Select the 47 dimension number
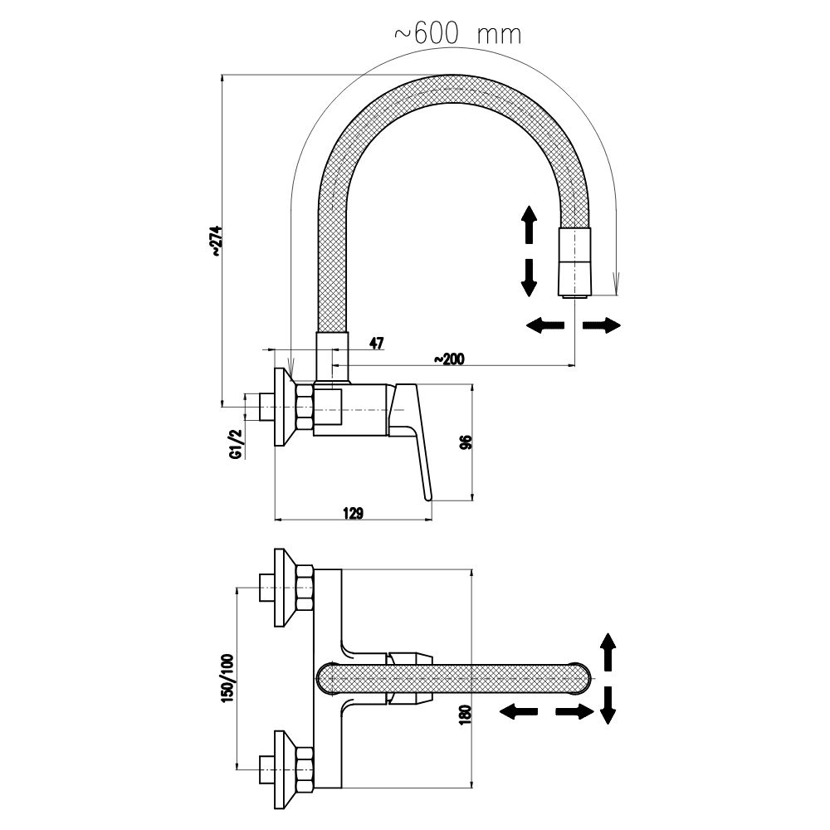(376, 344)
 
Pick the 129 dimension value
(353, 514)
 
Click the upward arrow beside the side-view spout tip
(526, 224)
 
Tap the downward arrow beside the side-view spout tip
(526, 277)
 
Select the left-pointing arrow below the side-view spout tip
(544, 325)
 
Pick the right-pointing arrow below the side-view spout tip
(602, 325)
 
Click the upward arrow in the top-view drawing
(608, 652)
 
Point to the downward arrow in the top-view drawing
(608, 704)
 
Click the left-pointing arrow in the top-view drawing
(517, 711)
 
